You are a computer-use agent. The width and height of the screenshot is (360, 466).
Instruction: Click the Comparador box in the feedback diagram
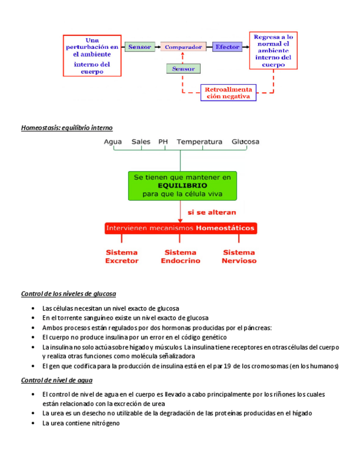click(183, 47)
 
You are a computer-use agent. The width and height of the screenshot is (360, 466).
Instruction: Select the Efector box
click(227, 47)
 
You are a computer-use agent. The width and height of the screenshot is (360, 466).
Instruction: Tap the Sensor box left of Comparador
click(140, 47)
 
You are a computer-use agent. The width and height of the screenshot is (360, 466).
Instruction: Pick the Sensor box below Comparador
click(183, 69)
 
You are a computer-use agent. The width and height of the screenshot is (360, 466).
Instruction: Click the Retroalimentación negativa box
click(228, 92)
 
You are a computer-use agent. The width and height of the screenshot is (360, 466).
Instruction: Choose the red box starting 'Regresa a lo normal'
click(273, 51)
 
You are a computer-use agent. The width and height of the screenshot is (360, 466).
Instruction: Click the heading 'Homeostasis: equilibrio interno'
click(67, 127)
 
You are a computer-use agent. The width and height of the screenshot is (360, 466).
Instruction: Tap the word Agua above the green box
click(113, 142)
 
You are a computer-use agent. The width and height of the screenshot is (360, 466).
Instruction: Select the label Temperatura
click(200, 142)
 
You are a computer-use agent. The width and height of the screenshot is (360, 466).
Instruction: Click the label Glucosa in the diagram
click(245, 142)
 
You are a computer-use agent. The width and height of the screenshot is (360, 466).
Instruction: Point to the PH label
click(163, 142)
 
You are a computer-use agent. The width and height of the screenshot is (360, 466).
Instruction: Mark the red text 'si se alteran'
click(212, 212)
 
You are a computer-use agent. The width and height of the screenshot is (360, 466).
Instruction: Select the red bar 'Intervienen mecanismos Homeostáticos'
click(180, 228)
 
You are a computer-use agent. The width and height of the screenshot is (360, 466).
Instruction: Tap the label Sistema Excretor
click(121, 257)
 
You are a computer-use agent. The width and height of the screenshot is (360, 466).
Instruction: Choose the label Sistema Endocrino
click(180, 257)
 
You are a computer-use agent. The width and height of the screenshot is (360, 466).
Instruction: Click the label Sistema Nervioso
click(239, 257)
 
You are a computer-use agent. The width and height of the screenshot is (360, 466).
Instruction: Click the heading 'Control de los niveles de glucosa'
click(68, 293)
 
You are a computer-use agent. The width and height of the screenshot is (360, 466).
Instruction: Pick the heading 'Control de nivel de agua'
click(57, 380)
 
